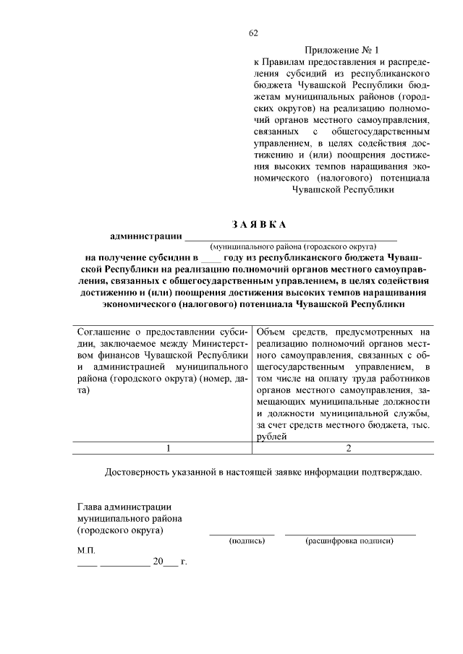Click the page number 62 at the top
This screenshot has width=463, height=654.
[253, 33]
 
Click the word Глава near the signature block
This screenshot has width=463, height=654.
[90, 507]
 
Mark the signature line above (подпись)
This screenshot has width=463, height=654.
[242, 533]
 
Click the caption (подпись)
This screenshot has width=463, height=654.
[242, 541]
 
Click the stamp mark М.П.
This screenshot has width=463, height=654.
[86, 550]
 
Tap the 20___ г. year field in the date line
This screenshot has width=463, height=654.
[168, 562]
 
